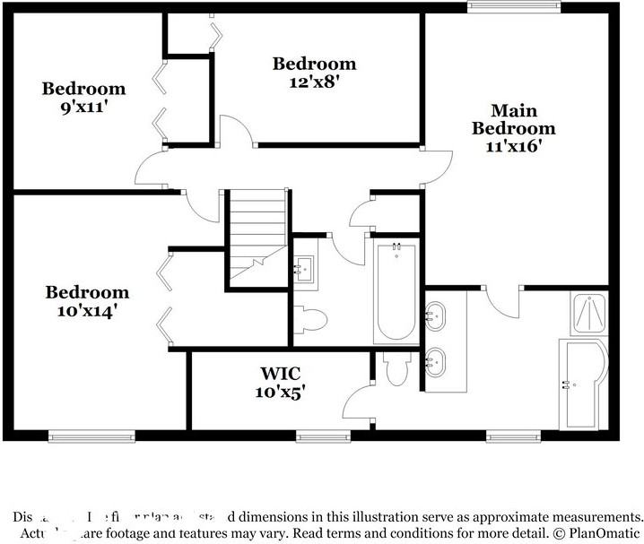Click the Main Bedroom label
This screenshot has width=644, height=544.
(514, 119)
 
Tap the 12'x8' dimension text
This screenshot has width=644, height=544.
(314, 80)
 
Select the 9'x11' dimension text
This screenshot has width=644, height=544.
(83, 106)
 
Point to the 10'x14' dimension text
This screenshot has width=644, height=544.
(87, 310)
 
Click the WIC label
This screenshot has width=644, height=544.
(279, 372)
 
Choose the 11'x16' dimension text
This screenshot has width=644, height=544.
(514, 145)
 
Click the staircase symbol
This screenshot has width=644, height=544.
(255, 238)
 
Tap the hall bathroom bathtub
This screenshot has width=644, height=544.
(395, 291)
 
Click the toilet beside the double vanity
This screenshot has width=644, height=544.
(395, 367)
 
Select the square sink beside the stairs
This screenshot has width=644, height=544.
(303, 267)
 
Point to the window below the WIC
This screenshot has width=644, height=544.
(321, 436)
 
